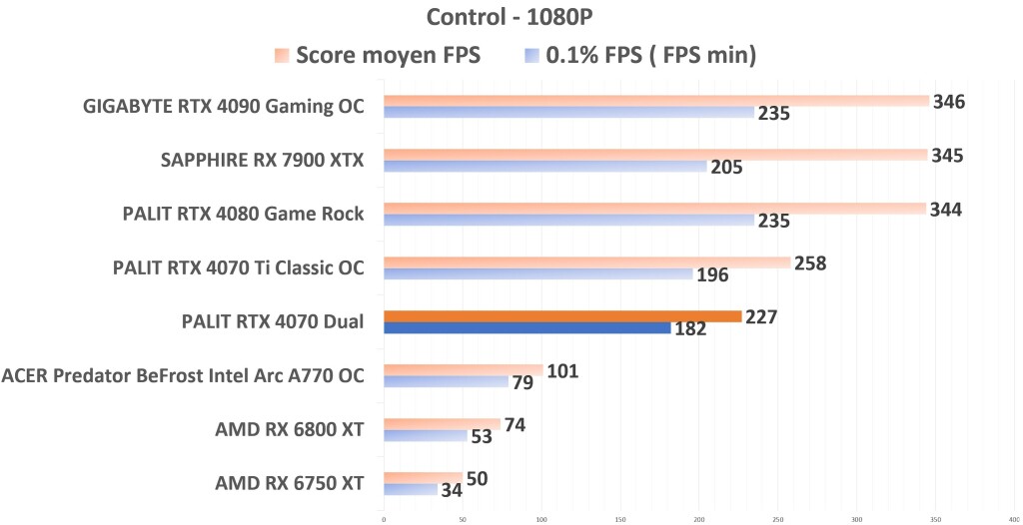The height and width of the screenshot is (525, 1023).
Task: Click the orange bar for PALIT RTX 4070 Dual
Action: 562,316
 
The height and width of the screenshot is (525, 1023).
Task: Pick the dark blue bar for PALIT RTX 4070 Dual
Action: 527,327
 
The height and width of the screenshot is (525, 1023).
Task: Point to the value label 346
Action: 948,101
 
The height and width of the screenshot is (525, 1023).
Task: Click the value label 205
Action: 726,167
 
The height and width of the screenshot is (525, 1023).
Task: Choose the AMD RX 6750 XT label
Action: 289,484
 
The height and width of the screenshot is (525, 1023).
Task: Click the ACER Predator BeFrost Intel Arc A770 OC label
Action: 183,376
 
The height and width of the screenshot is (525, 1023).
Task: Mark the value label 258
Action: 810,263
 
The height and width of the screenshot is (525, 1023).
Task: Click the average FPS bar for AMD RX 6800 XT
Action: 442,424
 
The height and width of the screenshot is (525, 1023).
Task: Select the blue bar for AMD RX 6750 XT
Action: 411,489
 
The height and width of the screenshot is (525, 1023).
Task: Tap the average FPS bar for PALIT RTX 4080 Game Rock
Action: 654,209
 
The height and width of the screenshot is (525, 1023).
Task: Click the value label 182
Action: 690,328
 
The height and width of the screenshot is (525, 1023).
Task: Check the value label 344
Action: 946,209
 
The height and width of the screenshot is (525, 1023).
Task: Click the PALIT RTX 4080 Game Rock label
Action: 243,214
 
